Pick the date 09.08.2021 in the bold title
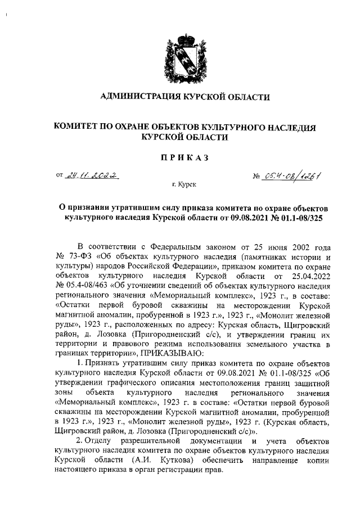[x=237, y=216]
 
